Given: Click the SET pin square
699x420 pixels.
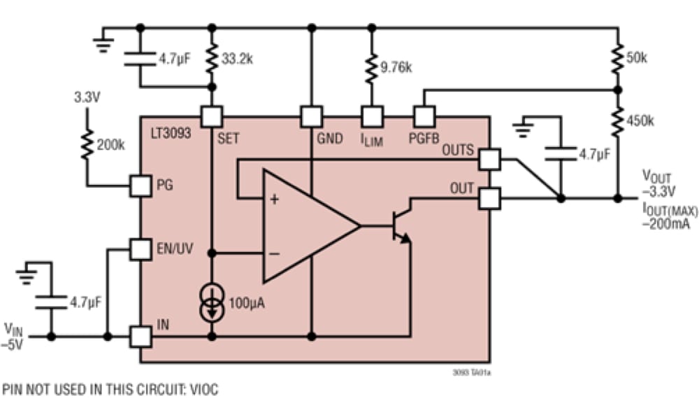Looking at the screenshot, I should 211,115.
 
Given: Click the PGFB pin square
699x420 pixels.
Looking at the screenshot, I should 424,115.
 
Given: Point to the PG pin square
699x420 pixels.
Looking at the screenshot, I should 140,185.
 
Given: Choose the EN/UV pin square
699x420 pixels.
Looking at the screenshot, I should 140,249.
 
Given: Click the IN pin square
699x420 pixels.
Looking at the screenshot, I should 140,336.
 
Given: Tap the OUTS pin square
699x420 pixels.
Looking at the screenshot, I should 489,160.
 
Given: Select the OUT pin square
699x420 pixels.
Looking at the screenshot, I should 489,199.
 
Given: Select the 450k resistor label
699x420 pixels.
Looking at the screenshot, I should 640,120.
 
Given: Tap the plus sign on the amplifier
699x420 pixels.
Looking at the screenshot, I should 274,199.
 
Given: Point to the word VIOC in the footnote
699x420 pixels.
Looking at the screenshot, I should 203,390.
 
